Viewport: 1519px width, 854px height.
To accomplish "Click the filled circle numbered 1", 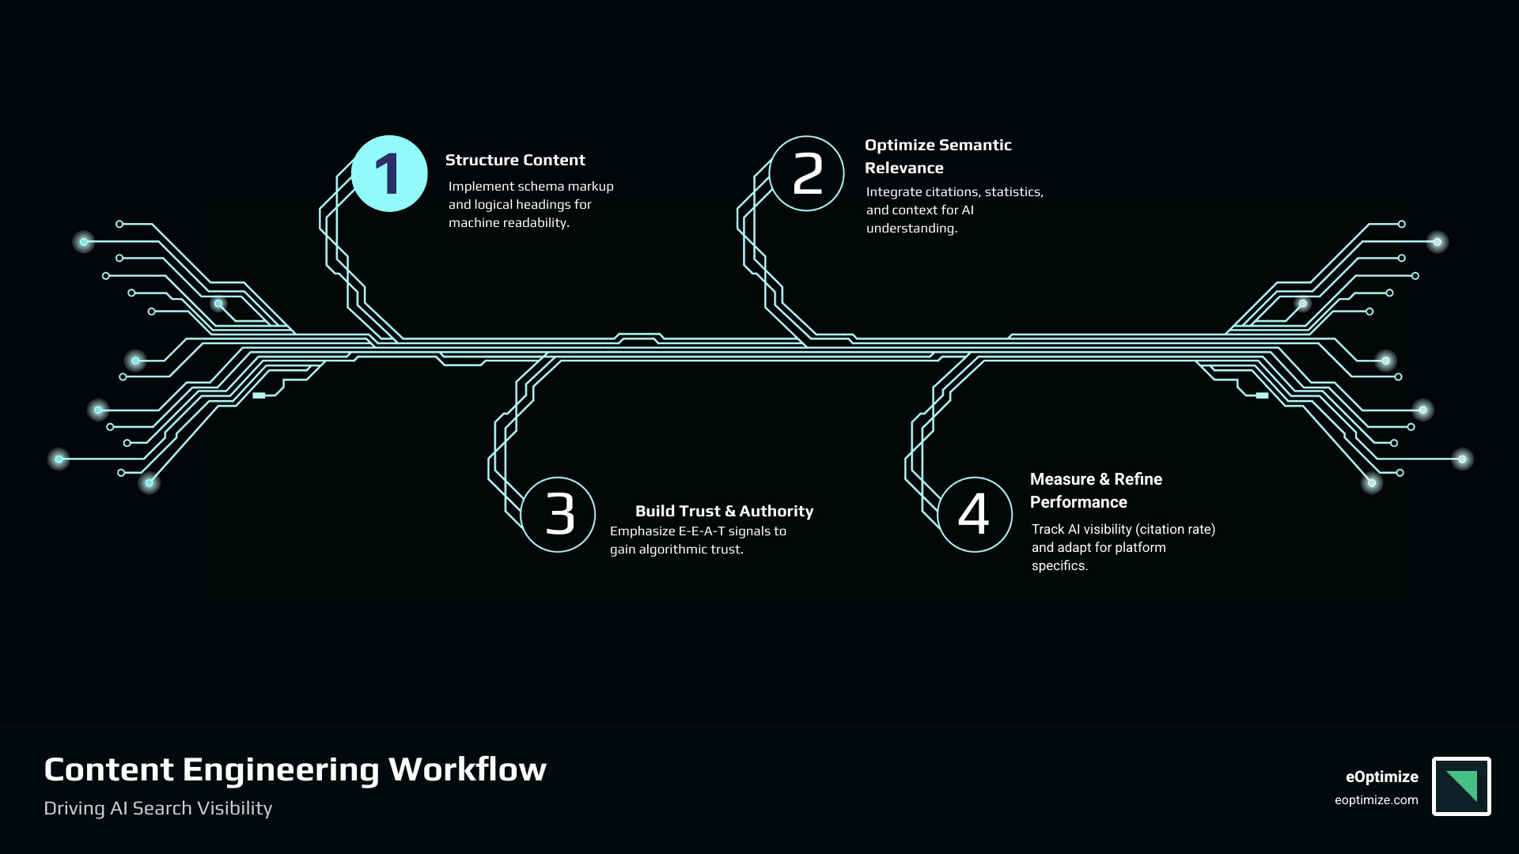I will tap(389, 174).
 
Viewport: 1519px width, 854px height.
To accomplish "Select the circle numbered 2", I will tap(807, 174).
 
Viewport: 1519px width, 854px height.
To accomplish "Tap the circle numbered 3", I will tap(559, 515).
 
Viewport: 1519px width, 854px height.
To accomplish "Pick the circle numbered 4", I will tap(975, 515).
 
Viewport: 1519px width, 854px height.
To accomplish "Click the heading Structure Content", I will tap(515, 160).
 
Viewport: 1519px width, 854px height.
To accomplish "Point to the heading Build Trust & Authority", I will tap(724, 511).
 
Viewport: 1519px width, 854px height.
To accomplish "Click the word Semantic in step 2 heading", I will tap(972, 145).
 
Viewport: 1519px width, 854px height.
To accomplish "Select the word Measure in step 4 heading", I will tap(1063, 479).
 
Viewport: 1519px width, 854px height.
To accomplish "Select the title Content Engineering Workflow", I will tap(295, 769).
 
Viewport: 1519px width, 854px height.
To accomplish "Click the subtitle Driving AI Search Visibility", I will tap(158, 808).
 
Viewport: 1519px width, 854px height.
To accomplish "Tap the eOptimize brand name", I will tap(1381, 777).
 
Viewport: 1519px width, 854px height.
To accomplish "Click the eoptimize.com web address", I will tap(1376, 800).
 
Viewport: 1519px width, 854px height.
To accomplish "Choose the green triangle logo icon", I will tap(1463, 785).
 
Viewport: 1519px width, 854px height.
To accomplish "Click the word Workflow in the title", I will tap(468, 769).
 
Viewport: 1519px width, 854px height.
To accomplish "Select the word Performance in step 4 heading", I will tap(1078, 502).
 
